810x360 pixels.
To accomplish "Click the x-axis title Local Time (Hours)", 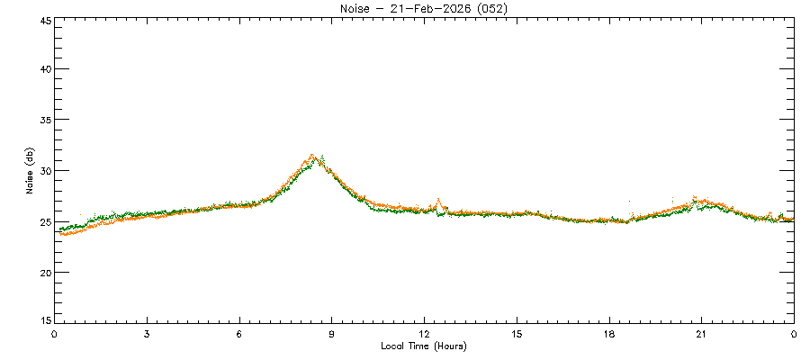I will [423, 346].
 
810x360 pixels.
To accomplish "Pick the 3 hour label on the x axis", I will [147, 334].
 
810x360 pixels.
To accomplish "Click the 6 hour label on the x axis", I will [239, 334].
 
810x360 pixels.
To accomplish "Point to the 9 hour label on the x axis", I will [332, 334].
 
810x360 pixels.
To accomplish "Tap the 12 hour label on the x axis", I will [425, 334].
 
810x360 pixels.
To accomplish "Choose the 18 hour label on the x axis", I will [609, 334].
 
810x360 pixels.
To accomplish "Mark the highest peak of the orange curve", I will [312, 155].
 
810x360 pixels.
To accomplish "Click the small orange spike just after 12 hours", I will [438, 200].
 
